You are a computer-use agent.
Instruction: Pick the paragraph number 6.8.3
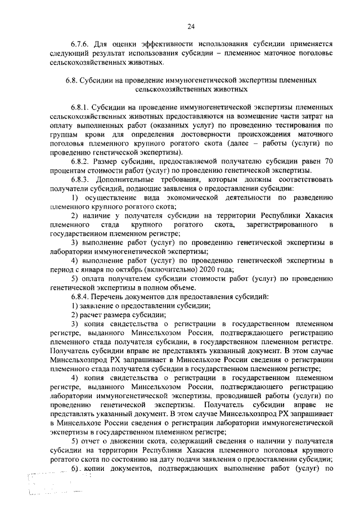point(82,179)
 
